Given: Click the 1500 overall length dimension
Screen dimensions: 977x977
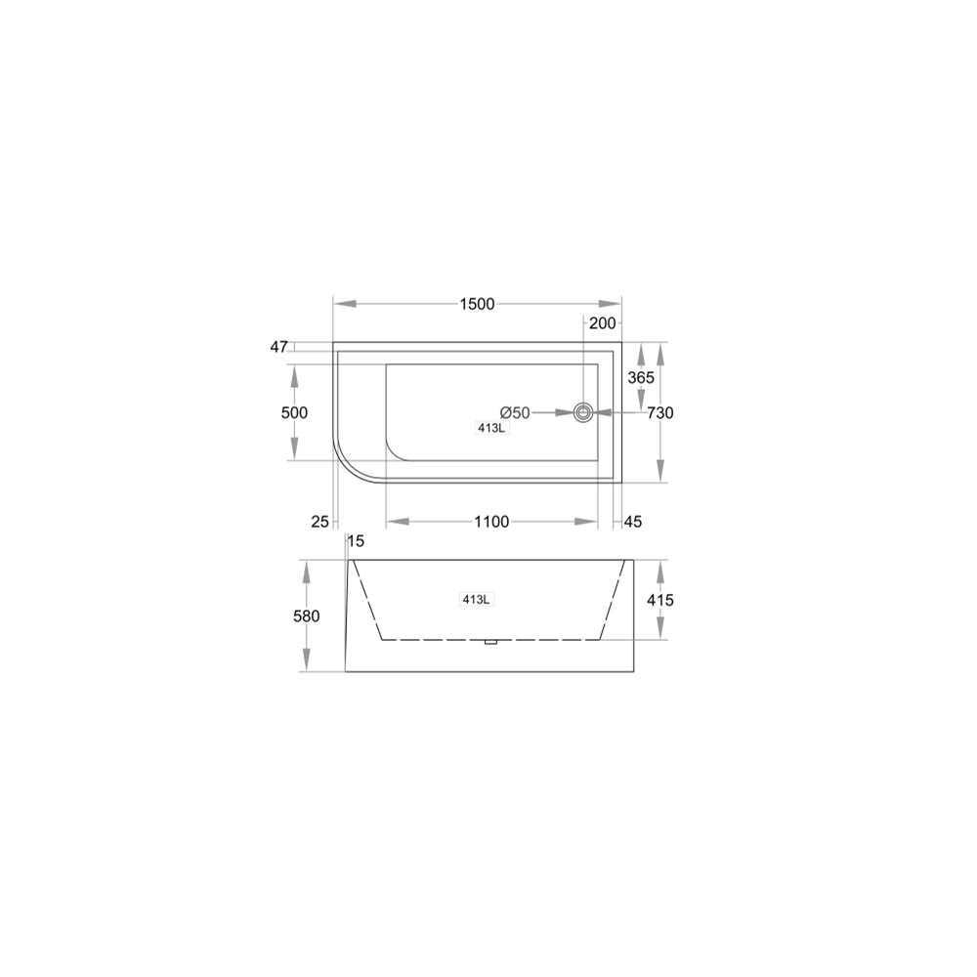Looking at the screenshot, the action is [478, 304].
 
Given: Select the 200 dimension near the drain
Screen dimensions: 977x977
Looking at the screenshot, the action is [602, 322].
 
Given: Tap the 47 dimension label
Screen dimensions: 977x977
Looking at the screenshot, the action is [278, 347].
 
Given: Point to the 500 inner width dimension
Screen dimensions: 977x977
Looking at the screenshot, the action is [294, 412].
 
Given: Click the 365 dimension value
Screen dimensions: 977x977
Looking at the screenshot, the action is [641, 377].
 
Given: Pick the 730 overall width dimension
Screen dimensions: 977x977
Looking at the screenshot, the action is [660, 412].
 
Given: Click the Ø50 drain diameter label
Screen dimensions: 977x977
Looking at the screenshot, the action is [515, 412].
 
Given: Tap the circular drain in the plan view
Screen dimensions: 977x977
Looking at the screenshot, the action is [583, 412].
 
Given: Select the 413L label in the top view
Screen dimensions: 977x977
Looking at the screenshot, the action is [492, 428].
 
